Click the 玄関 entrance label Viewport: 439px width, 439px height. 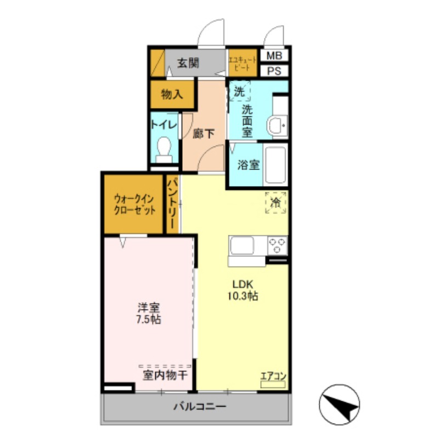click(x=188, y=63)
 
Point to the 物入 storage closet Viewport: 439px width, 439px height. click(x=172, y=94)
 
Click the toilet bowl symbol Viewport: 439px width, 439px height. click(x=164, y=148)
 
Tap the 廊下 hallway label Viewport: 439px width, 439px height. click(x=204, y=133)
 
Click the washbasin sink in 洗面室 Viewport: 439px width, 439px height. click(x=277, y=125)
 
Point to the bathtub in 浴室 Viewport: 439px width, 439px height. click(x=274, y=165)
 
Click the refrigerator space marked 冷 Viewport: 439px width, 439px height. click(x=275, y=202)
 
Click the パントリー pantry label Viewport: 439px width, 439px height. click(x=172, y=203)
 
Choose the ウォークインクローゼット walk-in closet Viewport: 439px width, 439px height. click(x=134, y=204)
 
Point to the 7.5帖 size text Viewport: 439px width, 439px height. click(x=148, y=319)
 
